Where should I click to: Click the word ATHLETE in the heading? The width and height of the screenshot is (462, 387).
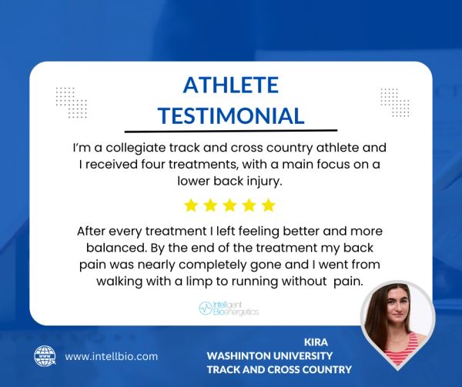pos(231,85)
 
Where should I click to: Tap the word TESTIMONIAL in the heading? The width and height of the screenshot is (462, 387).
pos(231,115)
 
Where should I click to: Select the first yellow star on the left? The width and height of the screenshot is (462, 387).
pos(191,205)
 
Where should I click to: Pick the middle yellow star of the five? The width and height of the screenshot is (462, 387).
pos(229,205)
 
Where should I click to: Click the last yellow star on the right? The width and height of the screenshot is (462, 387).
pos(269,205)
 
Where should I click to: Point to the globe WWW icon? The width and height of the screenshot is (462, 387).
pos(45,356)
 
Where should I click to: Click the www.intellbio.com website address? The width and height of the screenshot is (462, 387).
pos(112,356)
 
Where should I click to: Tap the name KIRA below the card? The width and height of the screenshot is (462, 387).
pos(316,342)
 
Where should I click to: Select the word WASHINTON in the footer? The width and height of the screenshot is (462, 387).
pos(238,355)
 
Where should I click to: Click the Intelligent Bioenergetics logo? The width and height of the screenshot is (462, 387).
pos(229,308)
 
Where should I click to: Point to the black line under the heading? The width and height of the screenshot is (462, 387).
pos(231,131)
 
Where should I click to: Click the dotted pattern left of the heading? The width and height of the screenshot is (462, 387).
pos(72,102)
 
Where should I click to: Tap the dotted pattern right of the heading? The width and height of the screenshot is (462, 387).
pos(395,102)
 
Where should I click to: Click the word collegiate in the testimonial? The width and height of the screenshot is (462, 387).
pos(136,148)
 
